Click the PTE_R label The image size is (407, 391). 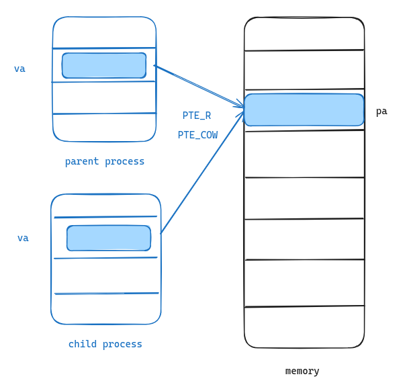[196, 116]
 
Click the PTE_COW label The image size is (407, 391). [197, 135]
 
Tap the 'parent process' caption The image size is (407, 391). [105, 161]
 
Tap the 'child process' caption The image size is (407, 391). [105, 344]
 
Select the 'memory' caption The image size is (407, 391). [302, 371]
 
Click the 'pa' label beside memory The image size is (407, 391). [381, 112]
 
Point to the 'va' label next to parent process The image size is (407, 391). [19, 69]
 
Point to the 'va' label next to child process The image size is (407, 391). [23, 238]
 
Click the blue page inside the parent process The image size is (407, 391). [104, 65]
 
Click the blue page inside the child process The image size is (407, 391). [109, 238]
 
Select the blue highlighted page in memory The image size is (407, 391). [304, 110]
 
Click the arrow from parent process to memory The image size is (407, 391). [198, 86]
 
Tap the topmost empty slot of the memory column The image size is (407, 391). [304, 34]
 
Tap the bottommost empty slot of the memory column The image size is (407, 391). [304, 327]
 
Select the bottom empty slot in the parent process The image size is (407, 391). [104, 127]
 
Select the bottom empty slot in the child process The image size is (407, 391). [106, 308]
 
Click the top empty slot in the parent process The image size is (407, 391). [104, 32]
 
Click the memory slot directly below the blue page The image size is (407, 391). [304, 154]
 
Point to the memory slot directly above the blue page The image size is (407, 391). [304, 70]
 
